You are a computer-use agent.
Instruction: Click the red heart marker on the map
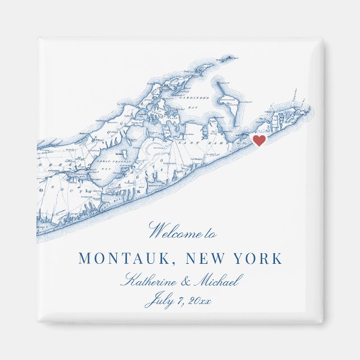point(259,140)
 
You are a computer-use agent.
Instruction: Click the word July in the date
point(159,302)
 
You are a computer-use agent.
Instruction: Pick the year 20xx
point(200,301)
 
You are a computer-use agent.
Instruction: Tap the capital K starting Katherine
point(128,280)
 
